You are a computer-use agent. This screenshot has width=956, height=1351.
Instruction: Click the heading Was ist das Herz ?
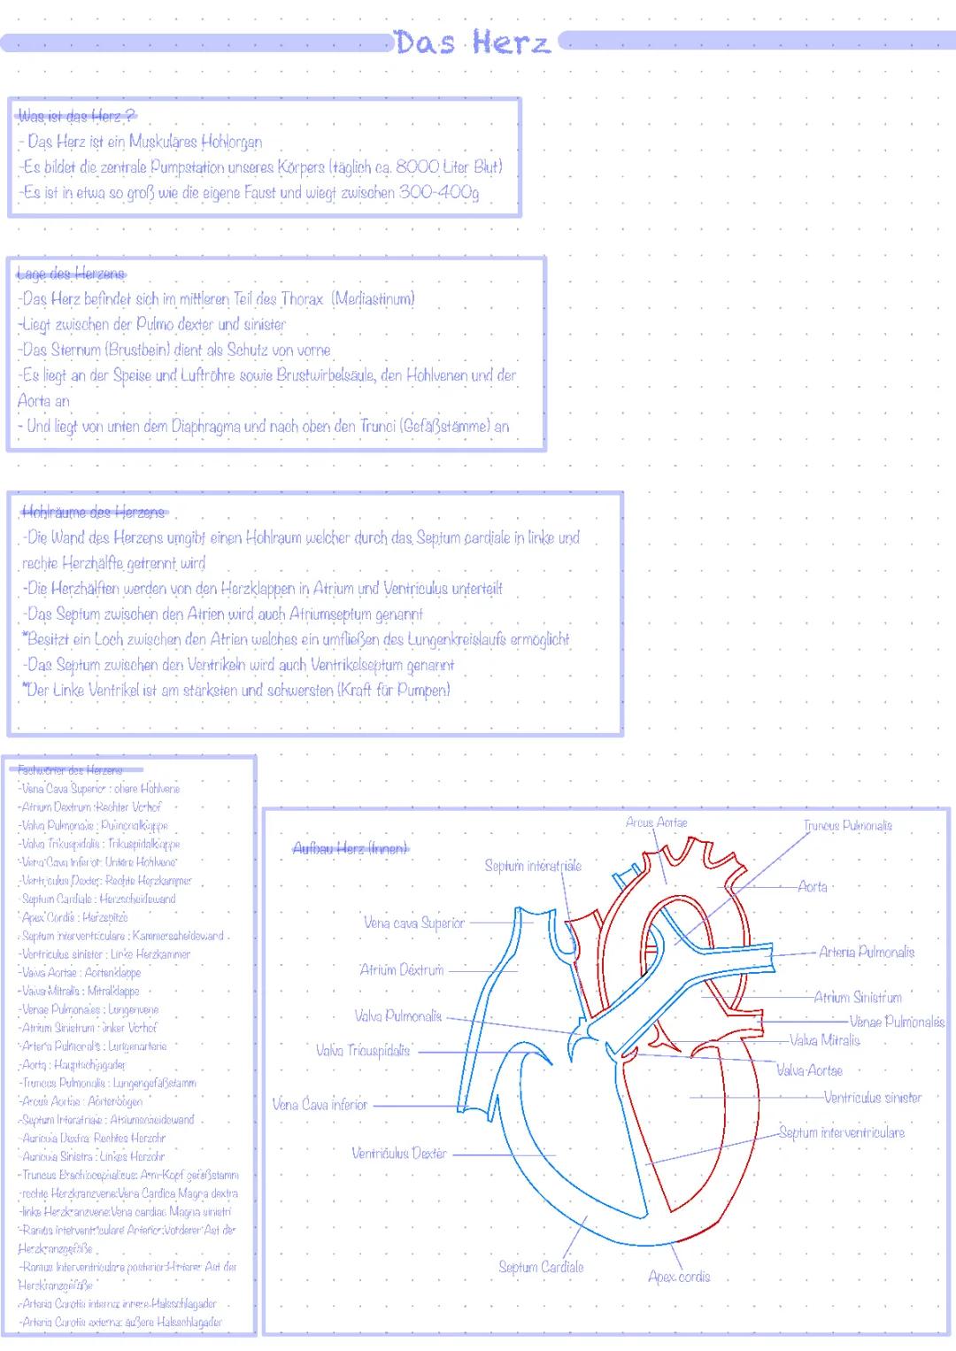(76, 116)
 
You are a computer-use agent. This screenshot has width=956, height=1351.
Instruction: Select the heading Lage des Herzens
(71, 274)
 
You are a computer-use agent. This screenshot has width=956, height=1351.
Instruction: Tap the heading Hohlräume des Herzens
(93, 512)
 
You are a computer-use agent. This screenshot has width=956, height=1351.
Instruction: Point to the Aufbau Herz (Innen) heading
(351, 848)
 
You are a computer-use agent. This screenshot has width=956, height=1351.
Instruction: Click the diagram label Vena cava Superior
(413, 923)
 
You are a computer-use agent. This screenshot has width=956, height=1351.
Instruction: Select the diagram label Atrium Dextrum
(401, 969)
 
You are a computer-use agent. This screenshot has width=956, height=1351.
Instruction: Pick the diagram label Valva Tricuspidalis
(363, 1051)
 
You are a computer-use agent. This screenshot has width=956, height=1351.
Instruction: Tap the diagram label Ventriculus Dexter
(399, 1153)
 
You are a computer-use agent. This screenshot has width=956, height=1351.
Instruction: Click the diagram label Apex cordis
(679, 1277)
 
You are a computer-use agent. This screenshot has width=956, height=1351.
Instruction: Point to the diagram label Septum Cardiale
(541, 1267)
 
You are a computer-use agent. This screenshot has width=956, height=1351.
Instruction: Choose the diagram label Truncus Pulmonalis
(847, 826)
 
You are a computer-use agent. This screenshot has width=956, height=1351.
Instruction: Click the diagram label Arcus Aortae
(656, 822)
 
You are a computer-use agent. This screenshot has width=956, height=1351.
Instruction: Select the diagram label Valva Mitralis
(824, 1040)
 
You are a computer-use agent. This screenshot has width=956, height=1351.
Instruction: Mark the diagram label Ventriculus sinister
(872, 1098)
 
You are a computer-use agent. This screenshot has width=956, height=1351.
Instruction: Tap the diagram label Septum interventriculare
(842, 1132)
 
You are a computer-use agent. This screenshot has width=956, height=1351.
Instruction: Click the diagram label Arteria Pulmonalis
(867, 953)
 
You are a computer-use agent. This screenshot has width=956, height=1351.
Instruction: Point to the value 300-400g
(439, 192)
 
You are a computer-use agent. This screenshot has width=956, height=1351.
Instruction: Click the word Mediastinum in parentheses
(374, 299)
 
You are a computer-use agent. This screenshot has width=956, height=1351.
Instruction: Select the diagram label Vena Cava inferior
(320, 1104)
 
